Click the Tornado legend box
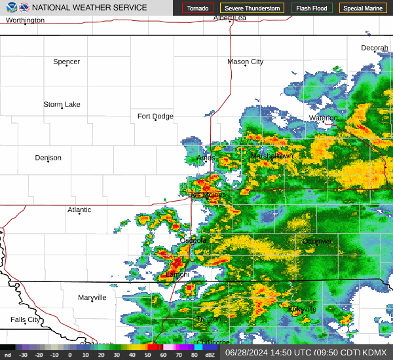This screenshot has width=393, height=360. [x=197, y=9]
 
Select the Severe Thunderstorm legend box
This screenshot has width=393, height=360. [x=252, y=9]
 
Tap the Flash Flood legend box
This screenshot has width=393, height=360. [x=312, y=9]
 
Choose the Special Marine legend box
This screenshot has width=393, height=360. [x=362, y=9]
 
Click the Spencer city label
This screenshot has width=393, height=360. [x=66, y=62]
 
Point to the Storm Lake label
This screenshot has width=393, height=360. [x=62, y=104]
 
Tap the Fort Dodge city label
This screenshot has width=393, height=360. [x=155, y=117]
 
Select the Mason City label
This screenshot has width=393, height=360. [x=245, y=62]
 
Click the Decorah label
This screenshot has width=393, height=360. [x=375, y=48]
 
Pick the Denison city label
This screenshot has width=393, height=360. [x=48, y=158]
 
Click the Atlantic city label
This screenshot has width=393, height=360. [x=79, y=209]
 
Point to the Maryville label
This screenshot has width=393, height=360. [x=92, y=298]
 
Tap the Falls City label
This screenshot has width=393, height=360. [x=25, y=319]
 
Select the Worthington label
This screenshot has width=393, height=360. [x=25, y=20]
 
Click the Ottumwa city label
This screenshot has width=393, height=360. [x=317, y=242]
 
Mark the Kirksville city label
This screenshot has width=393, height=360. [x=302, y=309]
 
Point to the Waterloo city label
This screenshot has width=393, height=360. [x=324, y=118]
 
